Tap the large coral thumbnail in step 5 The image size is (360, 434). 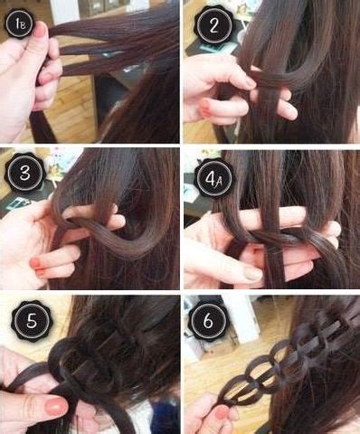(x=55, y=406)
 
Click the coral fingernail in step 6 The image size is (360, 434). (x=221, y=412)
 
